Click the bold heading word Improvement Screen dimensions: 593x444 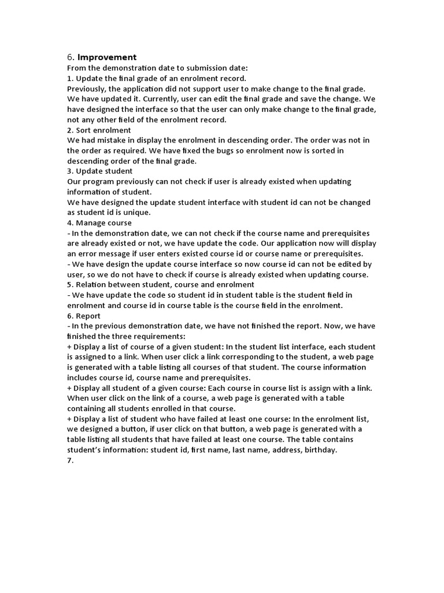[x=107, y=57]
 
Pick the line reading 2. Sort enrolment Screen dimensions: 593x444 [x=99, y=130]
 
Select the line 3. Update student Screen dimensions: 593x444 [x=100, y=171]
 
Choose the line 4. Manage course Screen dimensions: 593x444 [x=99, y=223]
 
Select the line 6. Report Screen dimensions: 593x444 [x=84, y=316]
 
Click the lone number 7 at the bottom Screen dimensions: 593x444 [x=70, y=460]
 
